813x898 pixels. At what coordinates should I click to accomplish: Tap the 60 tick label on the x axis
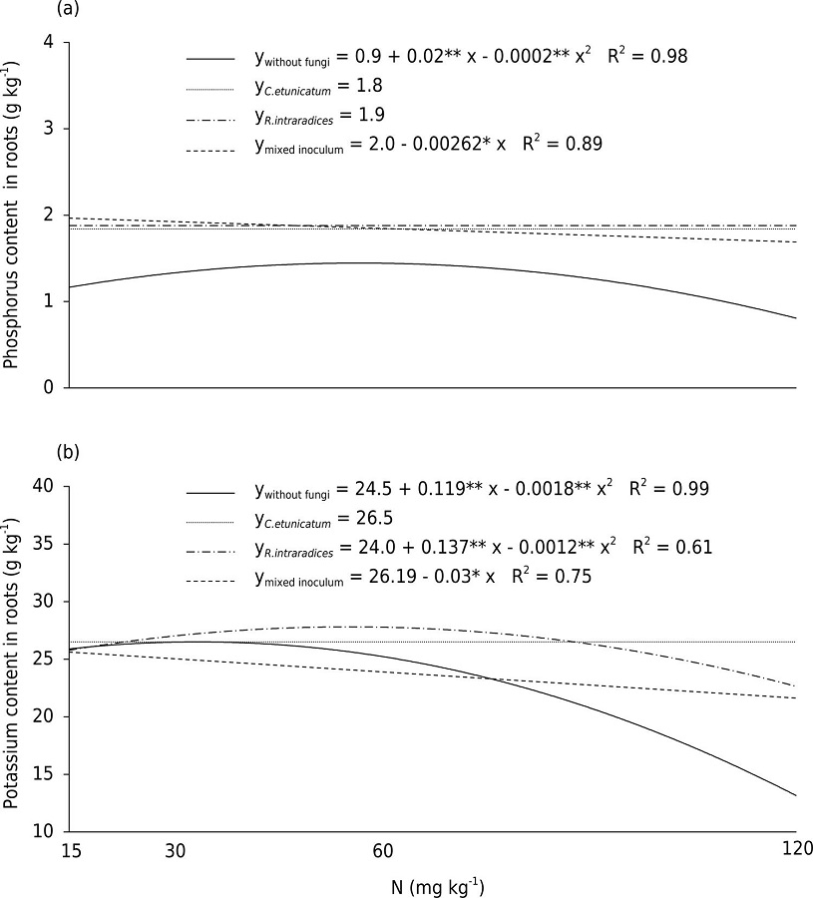point(381,849)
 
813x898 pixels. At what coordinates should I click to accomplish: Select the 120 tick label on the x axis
point(796,849)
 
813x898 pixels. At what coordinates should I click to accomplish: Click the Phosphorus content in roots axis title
point(12,214)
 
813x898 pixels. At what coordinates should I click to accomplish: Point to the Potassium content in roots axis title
point(12,659)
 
